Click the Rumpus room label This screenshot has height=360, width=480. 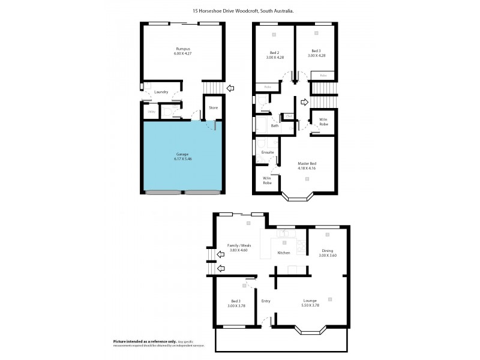[183, 49]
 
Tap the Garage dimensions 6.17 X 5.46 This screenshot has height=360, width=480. [182, 159]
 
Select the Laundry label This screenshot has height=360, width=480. [161, 92]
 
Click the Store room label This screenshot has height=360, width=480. [213, 108]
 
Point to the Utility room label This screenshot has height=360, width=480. [151, 112]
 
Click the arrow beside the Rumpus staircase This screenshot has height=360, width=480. [230, 89]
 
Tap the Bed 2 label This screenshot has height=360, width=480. [274, 51]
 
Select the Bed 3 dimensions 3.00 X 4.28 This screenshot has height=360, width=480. [316, 56]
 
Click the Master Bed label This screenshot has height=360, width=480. [307, 163]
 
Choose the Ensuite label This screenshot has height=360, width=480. [268, 152]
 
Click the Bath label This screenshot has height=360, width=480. [274, 126]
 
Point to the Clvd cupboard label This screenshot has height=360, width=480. [289, 116]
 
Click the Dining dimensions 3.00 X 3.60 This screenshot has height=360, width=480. [327, 256]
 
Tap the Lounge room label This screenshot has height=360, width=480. [310, 300]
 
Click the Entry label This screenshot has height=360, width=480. [266, 301]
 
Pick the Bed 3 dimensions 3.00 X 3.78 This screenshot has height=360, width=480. [236, 306]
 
